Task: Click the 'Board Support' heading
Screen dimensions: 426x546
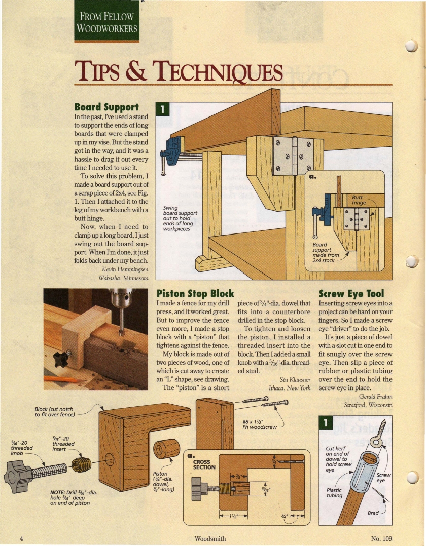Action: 106,107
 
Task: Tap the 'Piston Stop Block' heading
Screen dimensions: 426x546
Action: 195,294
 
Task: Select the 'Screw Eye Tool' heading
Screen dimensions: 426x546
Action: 351,294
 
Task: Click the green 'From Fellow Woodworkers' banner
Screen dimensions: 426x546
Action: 106,22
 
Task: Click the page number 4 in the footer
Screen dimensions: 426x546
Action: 21,539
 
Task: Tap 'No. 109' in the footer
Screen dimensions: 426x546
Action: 381,539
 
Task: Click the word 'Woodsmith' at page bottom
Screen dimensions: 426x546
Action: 210,539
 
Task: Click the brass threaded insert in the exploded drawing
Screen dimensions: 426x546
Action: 82,464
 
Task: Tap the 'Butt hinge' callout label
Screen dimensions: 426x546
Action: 359,200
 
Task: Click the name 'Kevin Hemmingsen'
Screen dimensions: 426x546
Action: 125,269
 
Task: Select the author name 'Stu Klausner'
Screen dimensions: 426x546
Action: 295,379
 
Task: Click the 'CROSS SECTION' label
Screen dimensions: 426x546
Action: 204,464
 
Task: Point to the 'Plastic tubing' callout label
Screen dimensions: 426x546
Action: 334,493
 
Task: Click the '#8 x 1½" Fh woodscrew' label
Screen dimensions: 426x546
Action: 259,424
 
